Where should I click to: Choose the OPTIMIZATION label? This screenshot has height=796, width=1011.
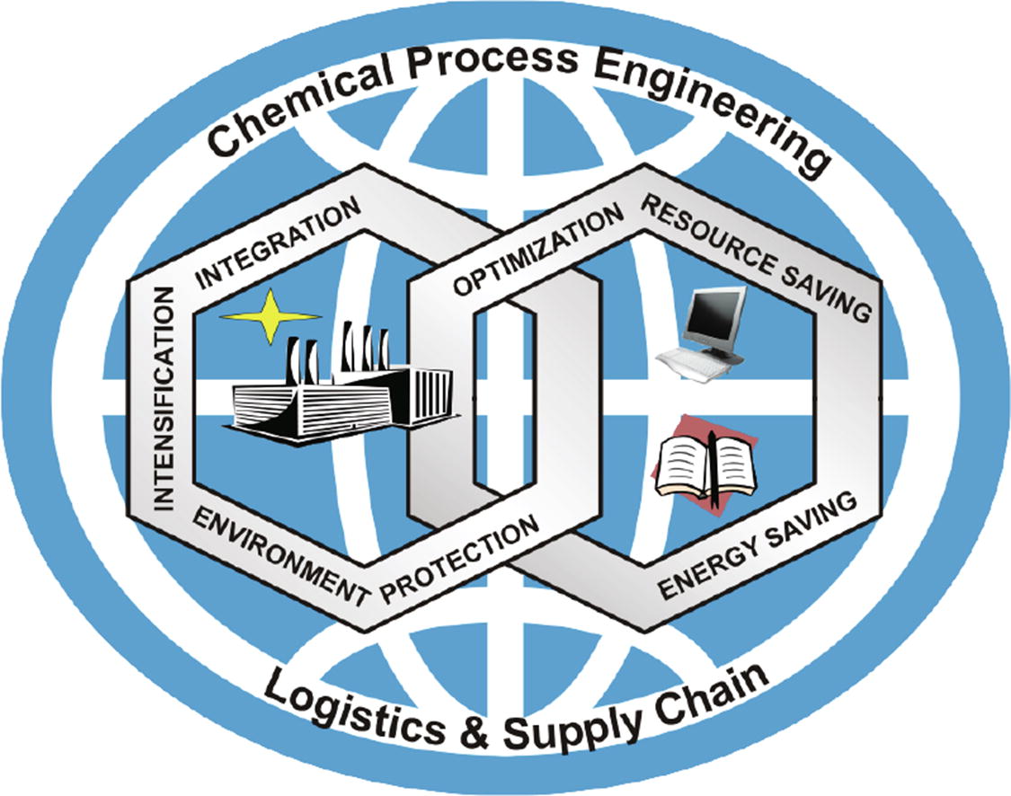538,252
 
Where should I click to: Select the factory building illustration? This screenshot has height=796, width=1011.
341,395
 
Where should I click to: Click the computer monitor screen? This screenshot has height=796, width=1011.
714,314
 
